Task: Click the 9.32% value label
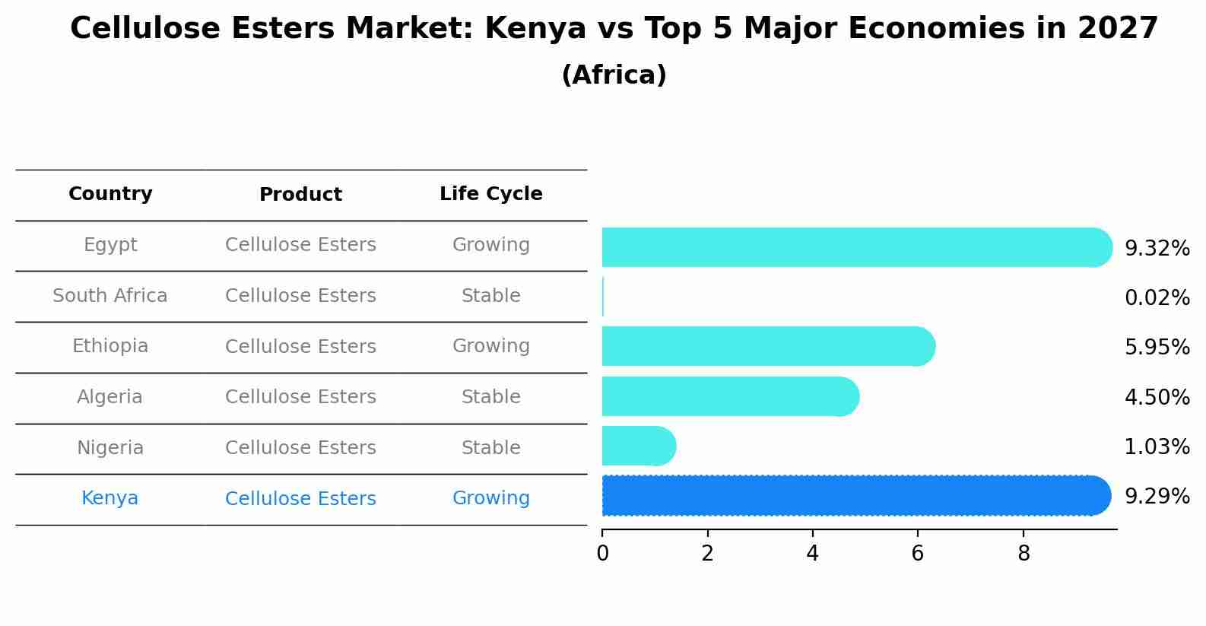(1157, 249)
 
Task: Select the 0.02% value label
(1157, 298)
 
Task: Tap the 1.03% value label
(1157, 447)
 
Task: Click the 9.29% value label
(1157, 497)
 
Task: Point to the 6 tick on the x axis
(918, 554)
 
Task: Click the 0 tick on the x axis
(602, 554)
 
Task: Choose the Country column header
(110, 194)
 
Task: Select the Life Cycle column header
(490, 194)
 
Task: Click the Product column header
(300, 195)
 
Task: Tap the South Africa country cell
(110, 296)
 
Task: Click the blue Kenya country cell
(110, 498)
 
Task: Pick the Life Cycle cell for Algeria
(490, 397)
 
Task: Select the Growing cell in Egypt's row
(490, 245)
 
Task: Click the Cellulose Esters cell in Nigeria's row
(300, 448)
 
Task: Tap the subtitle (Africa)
(614, 75)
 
